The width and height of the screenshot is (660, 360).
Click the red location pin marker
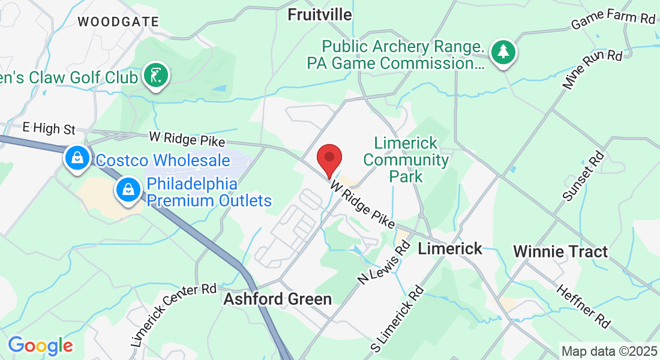coord(329,159)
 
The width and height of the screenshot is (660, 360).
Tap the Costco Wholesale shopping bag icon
coord(77,159)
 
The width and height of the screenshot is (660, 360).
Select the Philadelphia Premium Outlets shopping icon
coord(128,190)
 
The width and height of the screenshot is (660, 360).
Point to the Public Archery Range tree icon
coord(503,53)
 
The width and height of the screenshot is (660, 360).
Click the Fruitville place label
coord(320,14)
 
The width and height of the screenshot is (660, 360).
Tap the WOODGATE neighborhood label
coord(118,22)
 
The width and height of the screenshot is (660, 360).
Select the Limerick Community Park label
coord(406,160)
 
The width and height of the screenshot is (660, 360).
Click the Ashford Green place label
coord(277,299)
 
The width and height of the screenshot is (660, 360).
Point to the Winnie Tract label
coord(560,251)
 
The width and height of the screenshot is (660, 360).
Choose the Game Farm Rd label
coord(613,20)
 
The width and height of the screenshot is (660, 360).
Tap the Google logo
coord(40,346)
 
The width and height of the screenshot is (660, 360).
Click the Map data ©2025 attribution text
coord(609,351)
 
